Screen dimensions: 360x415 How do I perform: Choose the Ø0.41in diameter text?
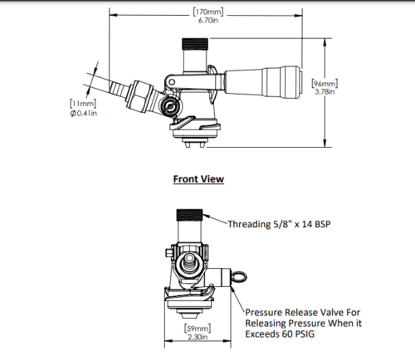tap(83, 113)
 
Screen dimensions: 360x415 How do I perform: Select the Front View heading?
tap(198, 178)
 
